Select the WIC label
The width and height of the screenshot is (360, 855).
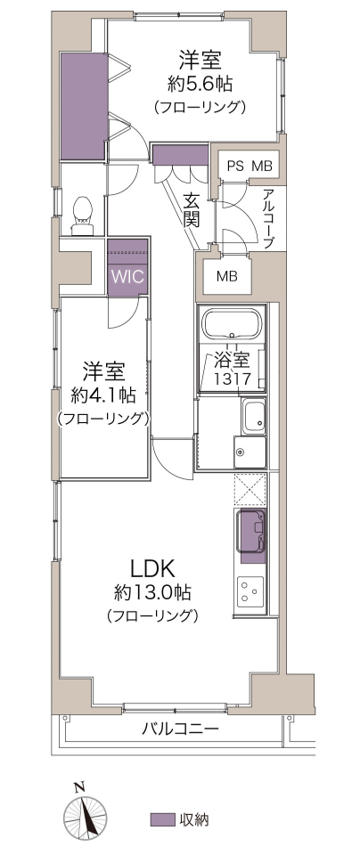point(128,276)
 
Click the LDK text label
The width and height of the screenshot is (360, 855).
point(152,568)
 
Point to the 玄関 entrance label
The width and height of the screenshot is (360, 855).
point(191,210)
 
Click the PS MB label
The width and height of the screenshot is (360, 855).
point(250,167)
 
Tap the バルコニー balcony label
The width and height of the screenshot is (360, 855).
point(181,729)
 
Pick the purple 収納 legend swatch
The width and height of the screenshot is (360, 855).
point(162,819)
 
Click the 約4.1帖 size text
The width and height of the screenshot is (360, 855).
point(103,395)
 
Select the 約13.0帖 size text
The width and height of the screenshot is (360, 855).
point(152,591)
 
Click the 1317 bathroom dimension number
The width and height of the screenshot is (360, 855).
point(232,379)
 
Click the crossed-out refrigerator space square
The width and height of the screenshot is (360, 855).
point(250,489)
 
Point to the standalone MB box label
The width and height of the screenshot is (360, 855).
point(227,276)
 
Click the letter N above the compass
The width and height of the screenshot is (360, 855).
point(79,786)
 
